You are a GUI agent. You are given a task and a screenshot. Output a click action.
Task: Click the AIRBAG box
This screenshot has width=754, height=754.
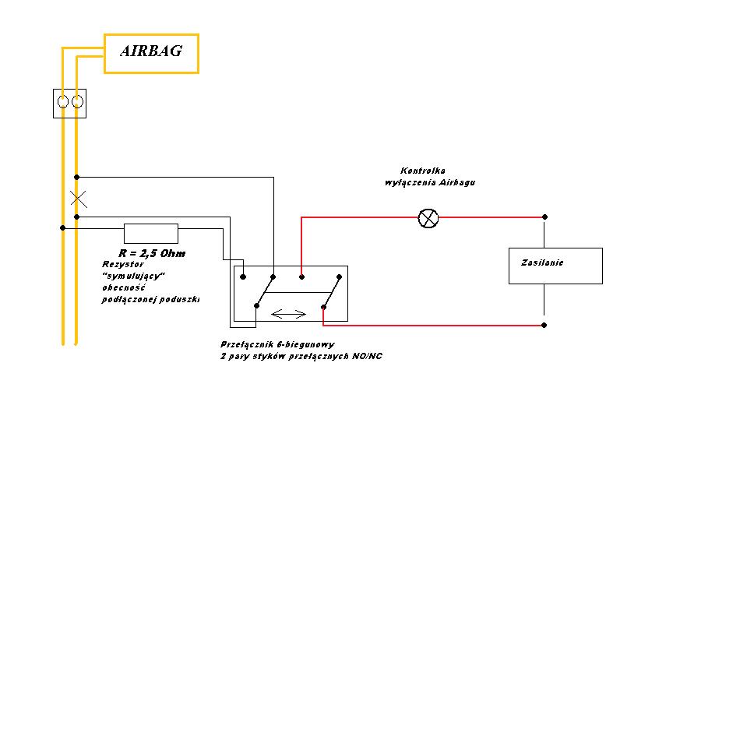[151, 53]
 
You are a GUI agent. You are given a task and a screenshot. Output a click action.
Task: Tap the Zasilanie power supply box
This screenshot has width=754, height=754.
[555, 266]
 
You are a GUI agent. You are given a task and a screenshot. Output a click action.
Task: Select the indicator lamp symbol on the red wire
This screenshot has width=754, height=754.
[428, 218]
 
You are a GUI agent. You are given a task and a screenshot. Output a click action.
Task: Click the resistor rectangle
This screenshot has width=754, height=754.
[151, 233]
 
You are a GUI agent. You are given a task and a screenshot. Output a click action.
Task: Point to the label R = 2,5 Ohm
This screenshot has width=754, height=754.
[152, 253]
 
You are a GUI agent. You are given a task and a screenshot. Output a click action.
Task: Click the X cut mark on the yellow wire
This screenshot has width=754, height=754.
[78, 198]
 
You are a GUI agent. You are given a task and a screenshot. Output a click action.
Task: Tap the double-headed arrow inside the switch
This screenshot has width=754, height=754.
[289, 314]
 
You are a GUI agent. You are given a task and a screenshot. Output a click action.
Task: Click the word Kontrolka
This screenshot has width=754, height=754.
[423, 171]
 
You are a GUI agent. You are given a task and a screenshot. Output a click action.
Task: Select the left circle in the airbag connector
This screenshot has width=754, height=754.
[63, 102]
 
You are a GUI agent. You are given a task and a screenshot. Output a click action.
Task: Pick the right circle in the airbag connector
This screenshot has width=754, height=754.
[77, 102]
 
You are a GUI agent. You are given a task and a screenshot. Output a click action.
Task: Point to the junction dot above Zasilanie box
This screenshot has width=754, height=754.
[544, 217]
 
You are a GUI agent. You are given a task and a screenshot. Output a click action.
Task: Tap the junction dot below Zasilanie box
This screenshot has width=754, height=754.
[544, 324]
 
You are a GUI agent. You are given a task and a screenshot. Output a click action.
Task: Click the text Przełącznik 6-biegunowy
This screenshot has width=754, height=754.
[277, 344]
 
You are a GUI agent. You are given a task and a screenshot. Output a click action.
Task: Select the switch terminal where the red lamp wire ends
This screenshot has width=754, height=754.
[302, 276]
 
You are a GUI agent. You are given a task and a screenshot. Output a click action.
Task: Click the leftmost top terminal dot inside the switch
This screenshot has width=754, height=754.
[243, 276]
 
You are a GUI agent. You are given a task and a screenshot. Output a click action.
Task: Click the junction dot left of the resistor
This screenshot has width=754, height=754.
[63, 227]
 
